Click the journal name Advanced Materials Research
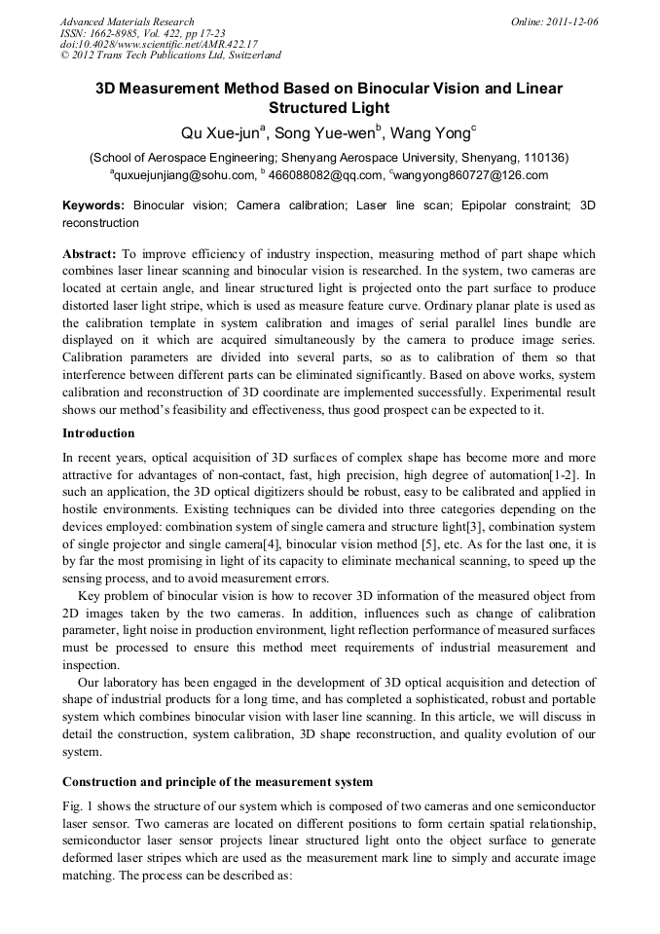point(127,21)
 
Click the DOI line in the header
point(158,44)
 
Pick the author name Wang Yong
point(435,133)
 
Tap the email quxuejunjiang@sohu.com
point(185,176)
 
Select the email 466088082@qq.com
point(325,176)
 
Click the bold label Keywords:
point(93,205)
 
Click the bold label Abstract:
point(90,254)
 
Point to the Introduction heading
point(98,432)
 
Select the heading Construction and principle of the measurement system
point(217,782)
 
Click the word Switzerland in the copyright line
point(249,56)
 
